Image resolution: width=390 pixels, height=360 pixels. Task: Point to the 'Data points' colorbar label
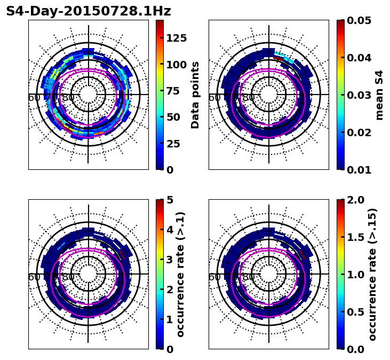195,95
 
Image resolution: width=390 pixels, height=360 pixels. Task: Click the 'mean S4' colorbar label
379,95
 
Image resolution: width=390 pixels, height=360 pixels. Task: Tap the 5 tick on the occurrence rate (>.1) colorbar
170,200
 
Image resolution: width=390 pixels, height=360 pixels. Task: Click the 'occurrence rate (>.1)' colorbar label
180,274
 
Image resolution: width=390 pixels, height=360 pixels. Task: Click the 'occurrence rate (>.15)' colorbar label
372,274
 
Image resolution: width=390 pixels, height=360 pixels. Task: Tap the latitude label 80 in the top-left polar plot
68,98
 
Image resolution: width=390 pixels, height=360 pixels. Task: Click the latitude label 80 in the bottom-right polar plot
249,277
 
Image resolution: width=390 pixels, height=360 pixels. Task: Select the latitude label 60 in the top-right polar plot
214,98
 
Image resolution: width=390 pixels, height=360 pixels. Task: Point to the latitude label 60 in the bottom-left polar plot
34,277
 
